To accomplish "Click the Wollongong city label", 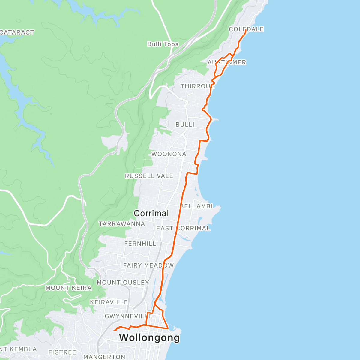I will (x=149, y=337).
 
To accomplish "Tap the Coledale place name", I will (x=246, y=29).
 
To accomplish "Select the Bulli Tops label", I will (x=163, y=44).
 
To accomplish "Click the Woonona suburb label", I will (x=169, y=154).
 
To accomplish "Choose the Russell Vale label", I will (x=149, y=176).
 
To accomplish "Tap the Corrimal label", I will (x=151, y=213).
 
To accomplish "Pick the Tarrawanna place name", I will (x=122, y=224).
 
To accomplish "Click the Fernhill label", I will (x=140, y=244).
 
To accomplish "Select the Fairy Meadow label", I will (x=148, y=265).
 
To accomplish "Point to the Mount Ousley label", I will (x=123, y=283).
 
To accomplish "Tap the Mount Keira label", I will (x=68, y=288).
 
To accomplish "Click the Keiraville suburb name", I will (x=109, y=302).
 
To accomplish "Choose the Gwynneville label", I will (x=128, y=316).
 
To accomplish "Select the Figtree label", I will (x=62, y=352).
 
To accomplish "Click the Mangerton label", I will (x=104, y=357).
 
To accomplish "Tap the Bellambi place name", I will (x=197, y=206).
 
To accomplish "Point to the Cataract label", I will (x=17, y=32).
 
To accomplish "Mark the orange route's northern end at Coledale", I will (x=246, y=31).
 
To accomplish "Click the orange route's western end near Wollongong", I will (x=114, y=330).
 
